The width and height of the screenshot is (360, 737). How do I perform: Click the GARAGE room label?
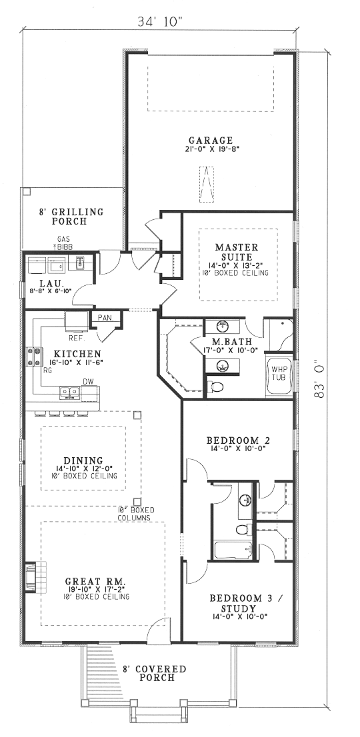(211, 140)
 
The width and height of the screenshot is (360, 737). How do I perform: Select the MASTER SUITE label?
(237, 252)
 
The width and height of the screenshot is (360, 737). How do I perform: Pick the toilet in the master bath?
(215, 387)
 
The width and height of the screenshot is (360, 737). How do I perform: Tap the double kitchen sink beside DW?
(70, 392)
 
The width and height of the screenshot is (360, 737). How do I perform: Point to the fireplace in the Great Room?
(31, 576)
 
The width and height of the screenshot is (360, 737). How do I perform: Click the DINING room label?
(83, 460)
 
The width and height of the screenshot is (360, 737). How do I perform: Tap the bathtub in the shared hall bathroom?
(233, 550)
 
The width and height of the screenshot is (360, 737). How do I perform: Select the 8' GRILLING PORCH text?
(71, 216)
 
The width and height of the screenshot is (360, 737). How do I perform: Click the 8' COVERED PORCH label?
(154, 673)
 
